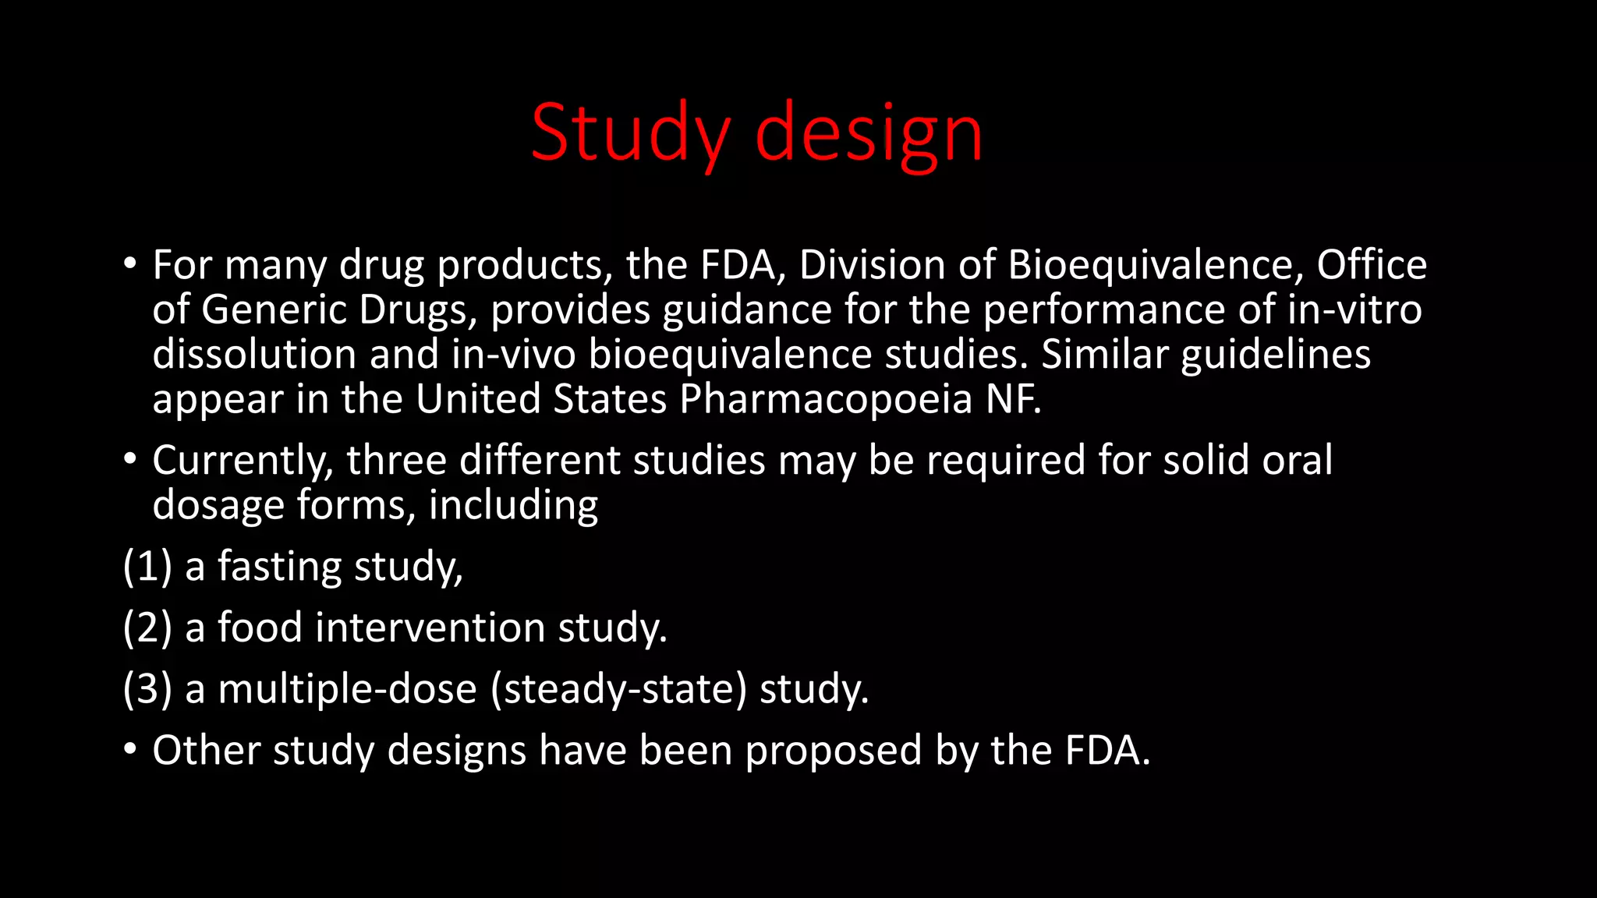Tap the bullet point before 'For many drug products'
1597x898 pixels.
pos(130,263)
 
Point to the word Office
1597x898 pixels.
pos(1372,265)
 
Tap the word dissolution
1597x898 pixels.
pos(254,355)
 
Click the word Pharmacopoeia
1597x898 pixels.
pos(826,399)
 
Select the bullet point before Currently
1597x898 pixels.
pos(130,458)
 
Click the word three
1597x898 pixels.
pos(396,460)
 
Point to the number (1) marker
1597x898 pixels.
pos(147,567)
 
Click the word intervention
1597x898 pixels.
pos(430,628)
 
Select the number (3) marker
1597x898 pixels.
pos(147,689)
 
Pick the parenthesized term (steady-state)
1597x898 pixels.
pos(619,689)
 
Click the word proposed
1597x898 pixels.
pos(834,751)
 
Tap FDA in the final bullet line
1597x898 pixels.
pos(1107,751)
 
